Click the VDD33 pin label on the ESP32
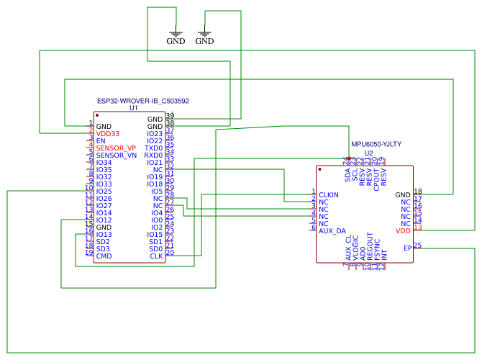tap(108, 134)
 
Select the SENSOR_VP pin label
tap(116, 148)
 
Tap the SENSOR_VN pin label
tap(116, 156)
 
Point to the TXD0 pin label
tap(153, 148)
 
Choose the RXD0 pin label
tap(153, 156)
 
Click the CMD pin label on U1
tap(104, 256)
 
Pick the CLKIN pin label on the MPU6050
tap(329, 195)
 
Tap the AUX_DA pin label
tap(332, 230)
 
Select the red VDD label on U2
tap(403, 230)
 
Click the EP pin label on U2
tap(407, 248)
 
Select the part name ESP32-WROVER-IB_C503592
tap(142, 102)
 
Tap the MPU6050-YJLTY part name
tap(376, 145)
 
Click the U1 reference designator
tap(133, 108)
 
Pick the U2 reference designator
tap(368, 153)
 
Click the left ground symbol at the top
tap(176, 36)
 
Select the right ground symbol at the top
tap(205, 36)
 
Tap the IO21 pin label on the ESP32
tap(155, 163)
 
